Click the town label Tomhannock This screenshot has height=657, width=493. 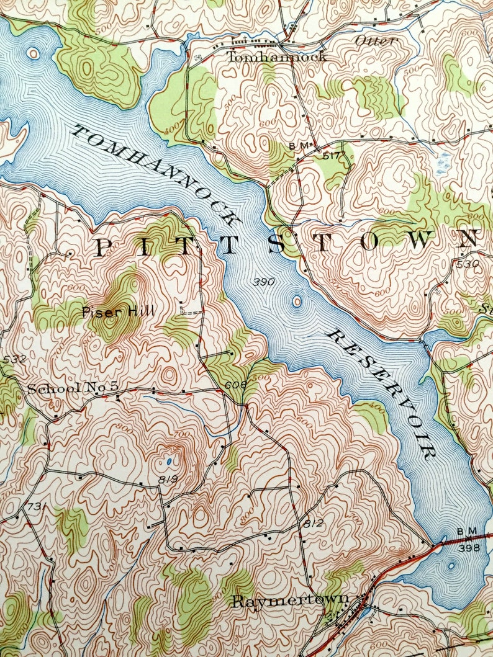(276, 57)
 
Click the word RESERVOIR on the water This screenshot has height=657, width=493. (381, 395)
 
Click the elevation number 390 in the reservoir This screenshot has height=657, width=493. (264, 282)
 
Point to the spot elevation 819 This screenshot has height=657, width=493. (168, 479)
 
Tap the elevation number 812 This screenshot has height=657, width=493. (314, 523)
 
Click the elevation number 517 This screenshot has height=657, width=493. (333, 157)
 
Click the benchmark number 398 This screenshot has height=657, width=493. (469, 548)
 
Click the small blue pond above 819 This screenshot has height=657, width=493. (170, 462)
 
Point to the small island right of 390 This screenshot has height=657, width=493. (296, 302)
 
